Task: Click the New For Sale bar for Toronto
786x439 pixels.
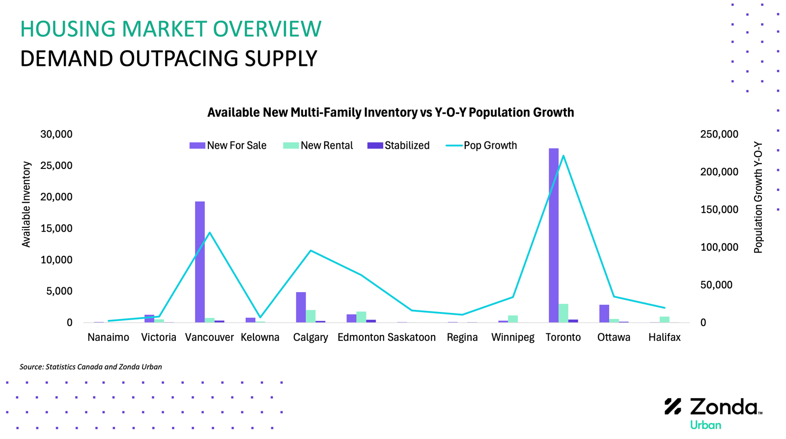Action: (x=553, y=235)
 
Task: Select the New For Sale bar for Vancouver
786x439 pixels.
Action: (x=199, y=262)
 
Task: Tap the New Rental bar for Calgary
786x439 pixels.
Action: (x=310, y=316)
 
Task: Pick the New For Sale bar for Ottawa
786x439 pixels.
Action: (x=604, y=313)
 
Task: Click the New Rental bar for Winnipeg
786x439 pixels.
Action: (x=513, y=319)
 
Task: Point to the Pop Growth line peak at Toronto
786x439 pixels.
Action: (x=563, y=156)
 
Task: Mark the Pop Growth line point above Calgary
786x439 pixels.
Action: (x=310, y=250)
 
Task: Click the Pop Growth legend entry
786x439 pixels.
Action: (x=481, y=145)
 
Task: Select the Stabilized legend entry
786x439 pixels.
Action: (x=398, y=145)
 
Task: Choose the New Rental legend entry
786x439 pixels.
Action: (x=318, y=145)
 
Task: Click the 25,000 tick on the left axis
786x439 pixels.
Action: (x=56, y=165)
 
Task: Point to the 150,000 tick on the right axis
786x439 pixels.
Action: (x=719, y=210)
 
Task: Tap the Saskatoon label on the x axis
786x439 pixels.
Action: (x=411, y=337)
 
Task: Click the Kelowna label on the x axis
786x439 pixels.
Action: (x=260, y=337)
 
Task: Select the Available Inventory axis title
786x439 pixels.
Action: (x=27, y=204)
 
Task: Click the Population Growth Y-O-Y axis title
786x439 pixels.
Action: (x=758, y=197)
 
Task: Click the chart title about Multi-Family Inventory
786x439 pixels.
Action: (x=391, y=112)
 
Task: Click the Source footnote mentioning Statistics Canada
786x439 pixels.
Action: (x=90, y=367)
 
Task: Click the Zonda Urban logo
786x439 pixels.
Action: (x=713, y=413)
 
